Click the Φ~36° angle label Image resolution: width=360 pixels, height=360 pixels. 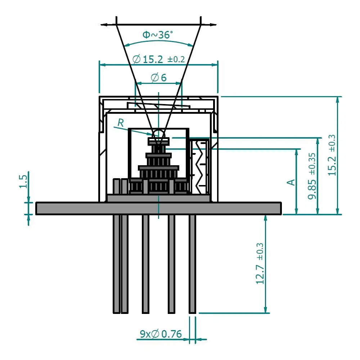(158, 35)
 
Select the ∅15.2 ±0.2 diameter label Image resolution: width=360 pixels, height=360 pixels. (159, 59)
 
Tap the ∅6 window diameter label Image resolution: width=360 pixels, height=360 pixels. (159, 78)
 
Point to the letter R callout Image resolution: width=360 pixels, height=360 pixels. (121, 123)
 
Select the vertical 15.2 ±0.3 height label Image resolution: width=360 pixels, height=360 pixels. (332, 155)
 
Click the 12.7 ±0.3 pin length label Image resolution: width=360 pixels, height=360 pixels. (260, 264)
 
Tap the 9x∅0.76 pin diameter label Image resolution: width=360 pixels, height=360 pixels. (161, 334)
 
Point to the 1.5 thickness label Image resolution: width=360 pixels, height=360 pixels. (23, 181)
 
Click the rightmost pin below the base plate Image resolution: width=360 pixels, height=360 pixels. (192, 264)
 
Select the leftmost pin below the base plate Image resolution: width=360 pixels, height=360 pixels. (116, 264)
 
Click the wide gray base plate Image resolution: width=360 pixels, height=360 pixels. (159, 208)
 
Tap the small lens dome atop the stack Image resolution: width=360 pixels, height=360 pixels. (159, 134)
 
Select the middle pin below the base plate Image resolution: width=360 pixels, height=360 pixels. (145, 264)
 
